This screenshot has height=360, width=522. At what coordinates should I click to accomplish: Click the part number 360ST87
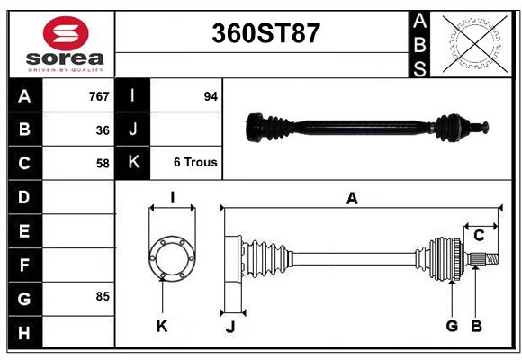point(265,33)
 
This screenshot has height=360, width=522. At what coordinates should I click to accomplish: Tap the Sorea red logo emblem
point(65,35)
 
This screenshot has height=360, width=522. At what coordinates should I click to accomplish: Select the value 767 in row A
point(98,96)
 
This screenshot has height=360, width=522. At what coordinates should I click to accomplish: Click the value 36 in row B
point(103,130)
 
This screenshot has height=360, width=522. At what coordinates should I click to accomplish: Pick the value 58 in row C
point(103,164)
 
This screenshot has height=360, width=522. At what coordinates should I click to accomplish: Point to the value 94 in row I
point(211,96)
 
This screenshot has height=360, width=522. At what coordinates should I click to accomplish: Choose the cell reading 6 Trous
point(195,163)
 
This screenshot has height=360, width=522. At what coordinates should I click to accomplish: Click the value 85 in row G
point(103,296)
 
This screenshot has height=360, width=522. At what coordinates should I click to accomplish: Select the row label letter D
point(24,197)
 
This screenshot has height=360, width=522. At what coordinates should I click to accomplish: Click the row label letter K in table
point(132,163)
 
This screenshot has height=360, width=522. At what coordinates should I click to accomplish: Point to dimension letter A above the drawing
point(352,199)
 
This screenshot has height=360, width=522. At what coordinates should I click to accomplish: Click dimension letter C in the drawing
point(479,235)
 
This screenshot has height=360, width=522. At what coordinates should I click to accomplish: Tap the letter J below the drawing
point(230,328)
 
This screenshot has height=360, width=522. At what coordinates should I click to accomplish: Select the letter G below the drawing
point(452,326)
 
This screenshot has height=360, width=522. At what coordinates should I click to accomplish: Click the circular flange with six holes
point(171,257)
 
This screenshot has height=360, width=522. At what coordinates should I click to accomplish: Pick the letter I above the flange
point(171,197)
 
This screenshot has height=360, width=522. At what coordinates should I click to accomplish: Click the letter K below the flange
point(162,327)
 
